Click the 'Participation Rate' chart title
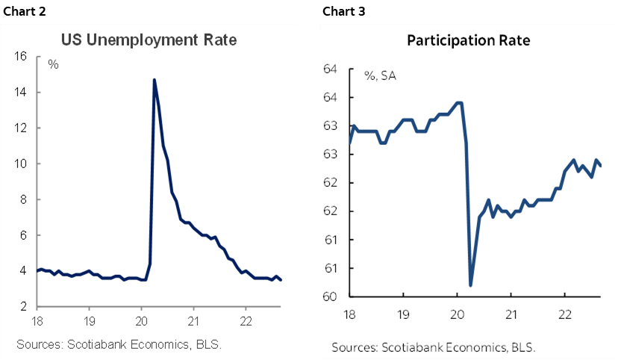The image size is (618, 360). click(468, 40)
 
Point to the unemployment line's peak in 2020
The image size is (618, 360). click(154, 79)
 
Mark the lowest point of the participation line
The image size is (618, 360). click(470, 285)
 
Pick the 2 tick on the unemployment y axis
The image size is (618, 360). click(24, 307)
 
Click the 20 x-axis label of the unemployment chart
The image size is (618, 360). click(141, 322)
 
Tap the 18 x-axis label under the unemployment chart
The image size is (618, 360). click(37, 322)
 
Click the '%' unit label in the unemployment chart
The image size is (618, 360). click(54, 64)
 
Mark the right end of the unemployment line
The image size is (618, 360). click(281, 280)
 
